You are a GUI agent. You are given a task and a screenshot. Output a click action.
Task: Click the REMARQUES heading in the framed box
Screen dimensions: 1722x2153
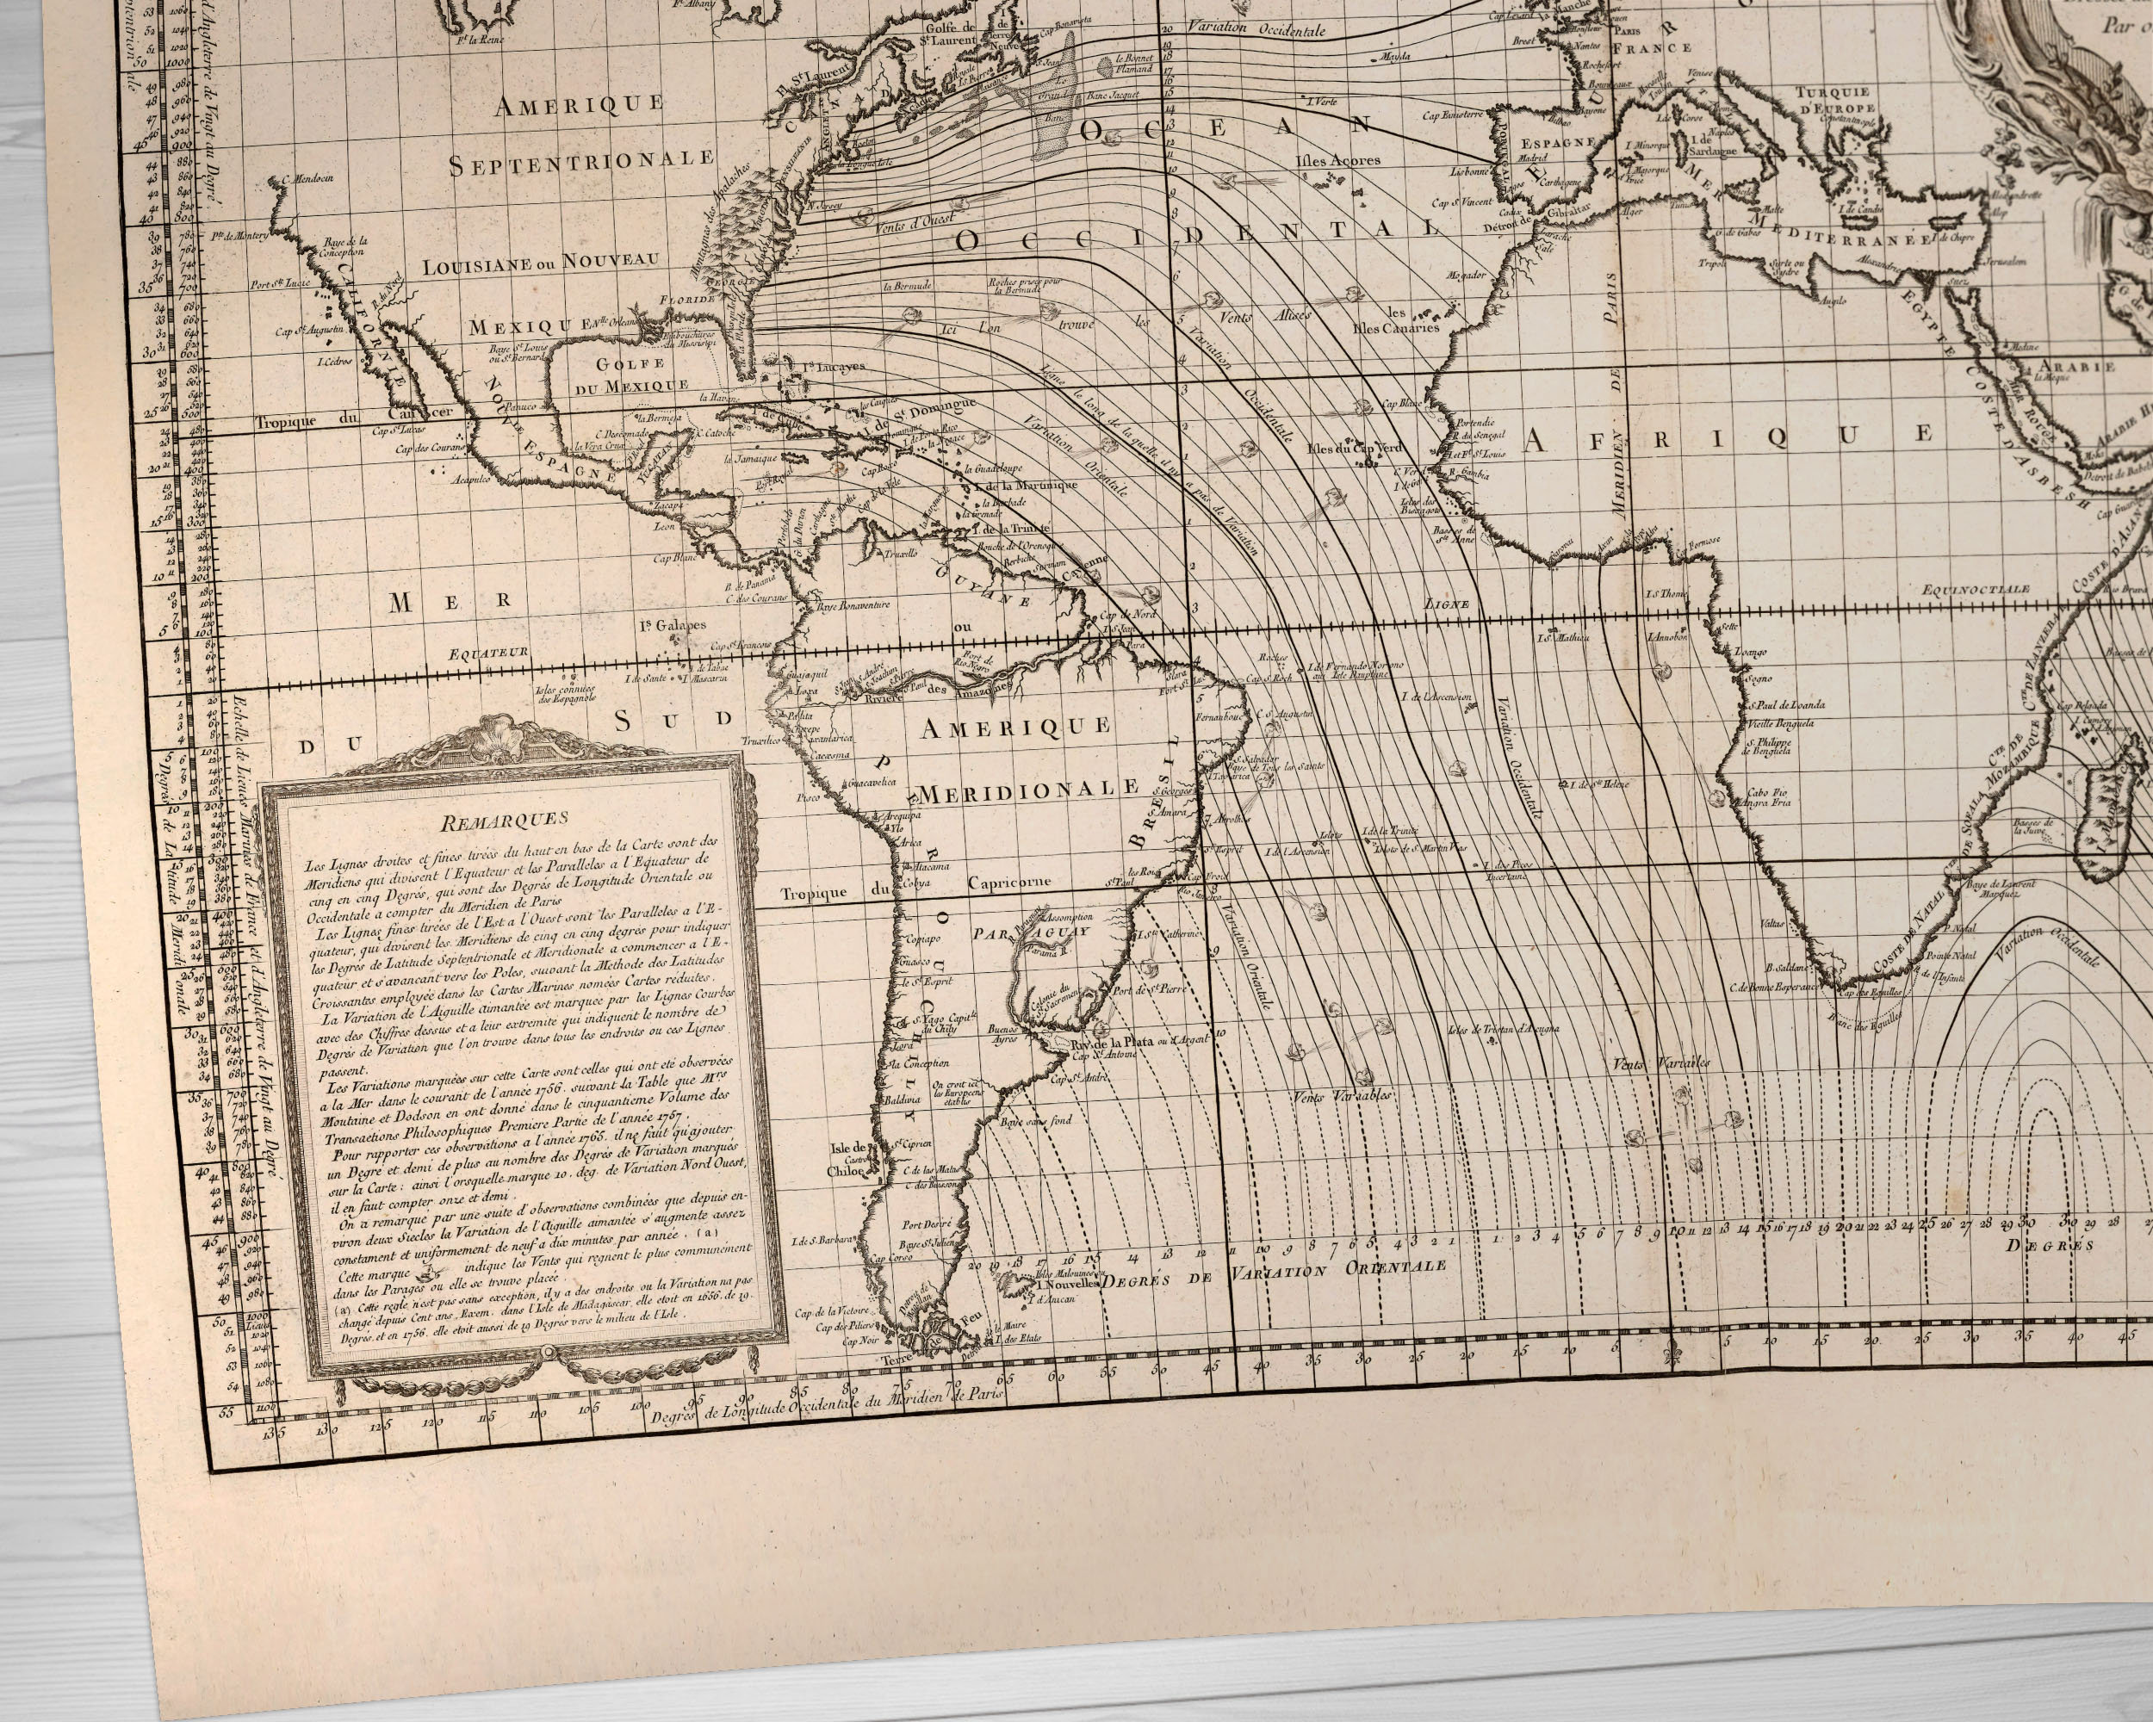coord(503,820)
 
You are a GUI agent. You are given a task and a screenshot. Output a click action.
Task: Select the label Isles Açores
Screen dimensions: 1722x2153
coord(1337,161)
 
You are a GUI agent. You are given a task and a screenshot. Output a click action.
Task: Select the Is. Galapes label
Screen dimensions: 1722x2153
coord(673,626)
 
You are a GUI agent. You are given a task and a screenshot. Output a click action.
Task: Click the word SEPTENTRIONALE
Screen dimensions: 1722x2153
coord(581,162)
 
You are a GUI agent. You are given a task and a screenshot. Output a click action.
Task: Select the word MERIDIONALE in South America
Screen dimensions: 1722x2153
coord(1028,791)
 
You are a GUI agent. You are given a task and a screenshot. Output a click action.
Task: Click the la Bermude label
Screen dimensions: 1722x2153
coord(906,286)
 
